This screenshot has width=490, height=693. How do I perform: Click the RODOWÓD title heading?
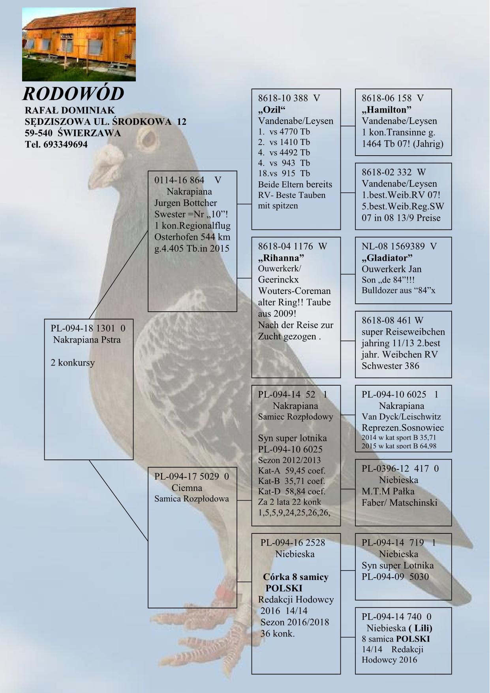coord(73,94)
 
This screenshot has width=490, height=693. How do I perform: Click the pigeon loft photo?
coord(79,44)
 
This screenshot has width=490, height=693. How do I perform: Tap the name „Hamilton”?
coord(387,109)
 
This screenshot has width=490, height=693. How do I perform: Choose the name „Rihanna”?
coord(281,258)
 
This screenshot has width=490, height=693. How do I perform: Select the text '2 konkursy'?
coord(73,363)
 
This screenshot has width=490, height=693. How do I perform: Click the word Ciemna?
coord(187,488)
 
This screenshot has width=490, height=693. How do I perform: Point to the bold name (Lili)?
coord(420,628)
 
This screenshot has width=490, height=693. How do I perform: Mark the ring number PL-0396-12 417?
coord(395,469)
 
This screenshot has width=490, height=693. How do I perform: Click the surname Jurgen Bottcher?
coord(186,203)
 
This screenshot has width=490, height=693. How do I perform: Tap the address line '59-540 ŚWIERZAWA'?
coord(73,133)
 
